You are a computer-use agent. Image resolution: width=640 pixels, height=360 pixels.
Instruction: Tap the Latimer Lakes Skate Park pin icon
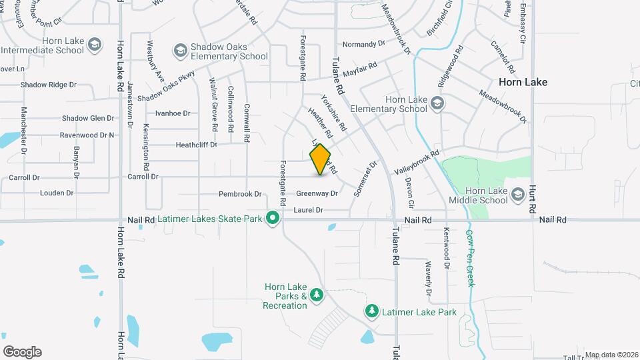pyautogui.click(x=272, y=218)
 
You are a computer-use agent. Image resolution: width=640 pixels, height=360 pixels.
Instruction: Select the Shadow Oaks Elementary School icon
pyautogui.click(x=180, y=51)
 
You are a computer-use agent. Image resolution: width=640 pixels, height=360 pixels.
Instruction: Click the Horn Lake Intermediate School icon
pyautogui.click(x=95, y=45)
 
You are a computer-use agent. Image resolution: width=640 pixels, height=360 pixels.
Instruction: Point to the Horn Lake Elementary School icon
pyautogui.click(x=437, y=103)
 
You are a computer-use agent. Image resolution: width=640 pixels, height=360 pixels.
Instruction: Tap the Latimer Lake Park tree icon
pyautogui.click(x=371, y=311)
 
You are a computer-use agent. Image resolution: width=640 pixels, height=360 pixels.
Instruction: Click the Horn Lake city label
pyautogui.click(x=523, y=82)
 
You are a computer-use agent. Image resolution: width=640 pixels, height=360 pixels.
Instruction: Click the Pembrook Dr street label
pyautogui.click(x=240, y=194)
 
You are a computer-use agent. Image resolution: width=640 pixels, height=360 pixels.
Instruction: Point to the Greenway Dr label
pyautogui.click(x=317, y=194)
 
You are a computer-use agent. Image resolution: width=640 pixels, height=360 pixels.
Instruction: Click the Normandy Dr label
pyautogui.click(x=364, y=44)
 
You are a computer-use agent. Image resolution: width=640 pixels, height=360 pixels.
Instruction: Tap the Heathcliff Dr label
pyautogui.click(x=197, y=145)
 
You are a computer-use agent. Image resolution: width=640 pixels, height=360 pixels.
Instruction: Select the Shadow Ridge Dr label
pyautogui.click(x=49, y=85)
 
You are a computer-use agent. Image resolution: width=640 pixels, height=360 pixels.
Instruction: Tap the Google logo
pyautogui.click(x=22, y=351)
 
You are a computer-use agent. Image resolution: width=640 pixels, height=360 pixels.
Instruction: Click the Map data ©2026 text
pyautogui.click(x=611, y=355)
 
